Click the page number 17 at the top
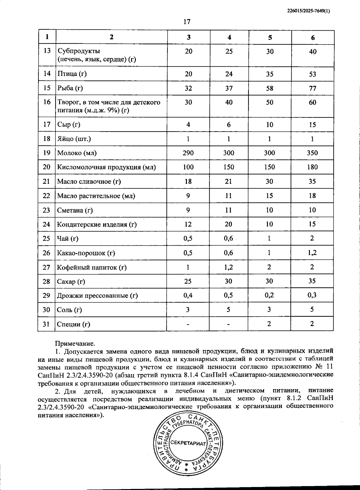tap(187, 22)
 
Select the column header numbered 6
tap(313, 38)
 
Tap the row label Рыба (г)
tap(70, 88)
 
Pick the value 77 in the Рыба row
tap(312, 88)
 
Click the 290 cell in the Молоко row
tap(188, 153)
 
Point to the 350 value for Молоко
tap(312, 153)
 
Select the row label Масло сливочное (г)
tap(89, 181)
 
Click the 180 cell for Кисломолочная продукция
tap(312, 167)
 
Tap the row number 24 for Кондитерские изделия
tap(46, 224)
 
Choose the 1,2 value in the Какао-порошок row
tap(312, 253)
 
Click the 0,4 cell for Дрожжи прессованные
tap(188, 295)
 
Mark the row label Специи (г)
tap(73, 324)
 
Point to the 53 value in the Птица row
tap(312, 74)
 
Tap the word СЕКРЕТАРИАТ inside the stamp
tap(188, 443)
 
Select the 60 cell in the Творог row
tap(312, 102)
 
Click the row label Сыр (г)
tap(69, 124)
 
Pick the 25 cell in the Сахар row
tap(188, 281)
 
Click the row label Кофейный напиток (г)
tap(92, 267)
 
